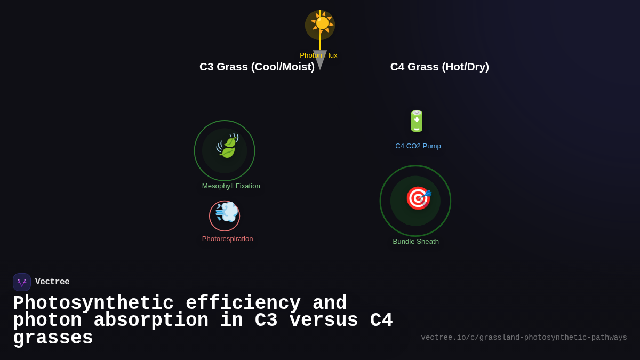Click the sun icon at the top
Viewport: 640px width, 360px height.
point(322,23)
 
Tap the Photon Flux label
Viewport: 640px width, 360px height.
point(318,55)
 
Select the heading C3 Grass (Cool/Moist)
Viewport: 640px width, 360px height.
point(257,67)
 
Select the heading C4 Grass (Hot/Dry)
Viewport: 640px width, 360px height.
point(439,67)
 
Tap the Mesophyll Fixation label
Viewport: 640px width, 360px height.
point(231,186)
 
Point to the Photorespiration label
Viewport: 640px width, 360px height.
point(227,239)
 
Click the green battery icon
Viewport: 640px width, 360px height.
point(417,121)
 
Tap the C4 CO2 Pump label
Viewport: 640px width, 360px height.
point(418,146)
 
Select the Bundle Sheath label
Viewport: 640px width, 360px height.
point(416,242)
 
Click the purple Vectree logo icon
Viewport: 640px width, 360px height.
point(22,282)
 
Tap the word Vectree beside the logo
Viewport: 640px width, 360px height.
point(52,282)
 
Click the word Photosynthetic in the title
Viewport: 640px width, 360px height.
point(93,303)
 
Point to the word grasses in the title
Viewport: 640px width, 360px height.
point(53,338)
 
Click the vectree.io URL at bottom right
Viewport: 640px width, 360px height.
point(524,338)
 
